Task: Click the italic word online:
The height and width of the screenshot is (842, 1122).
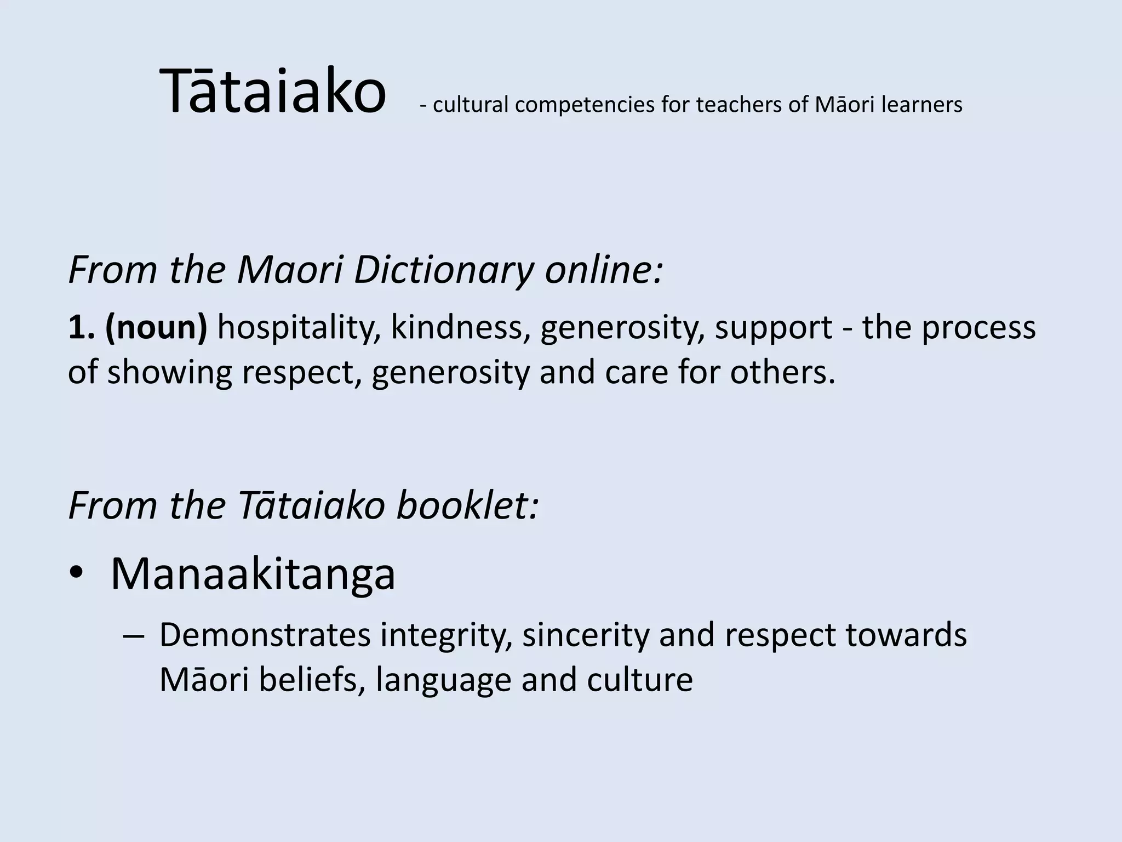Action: pos(604,270)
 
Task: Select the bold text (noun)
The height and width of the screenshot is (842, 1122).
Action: pos(156,327)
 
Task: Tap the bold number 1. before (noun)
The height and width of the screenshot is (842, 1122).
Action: pos(82,327)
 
